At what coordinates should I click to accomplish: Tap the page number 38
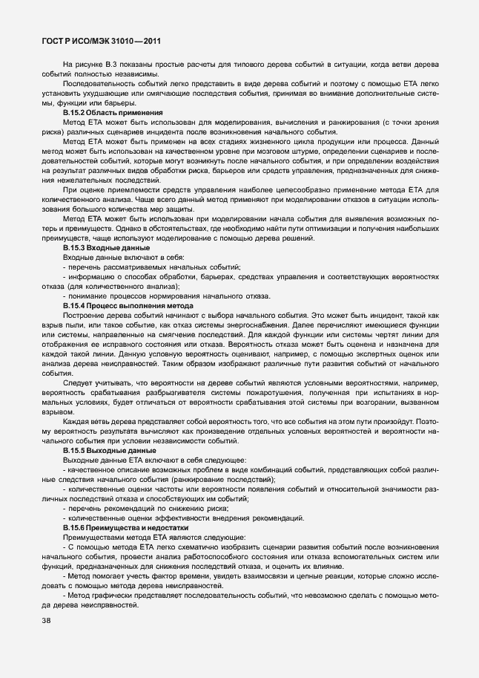click(x=47, y=621)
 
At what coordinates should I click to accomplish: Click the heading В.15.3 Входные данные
click(x=102, y=247)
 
